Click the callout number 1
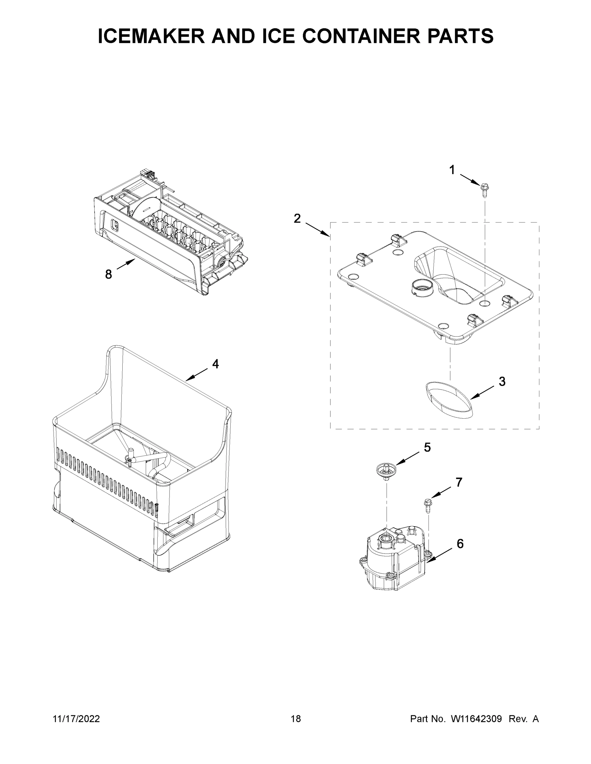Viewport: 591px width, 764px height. (452, 170)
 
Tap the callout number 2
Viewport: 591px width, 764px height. (297, 219)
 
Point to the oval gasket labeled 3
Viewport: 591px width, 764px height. (449, 400)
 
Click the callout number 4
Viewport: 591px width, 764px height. (216, 364)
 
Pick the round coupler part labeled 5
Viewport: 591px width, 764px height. (386, 468)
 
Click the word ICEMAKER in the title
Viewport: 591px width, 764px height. (151, 36)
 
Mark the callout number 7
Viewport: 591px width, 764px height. (459, 482)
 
